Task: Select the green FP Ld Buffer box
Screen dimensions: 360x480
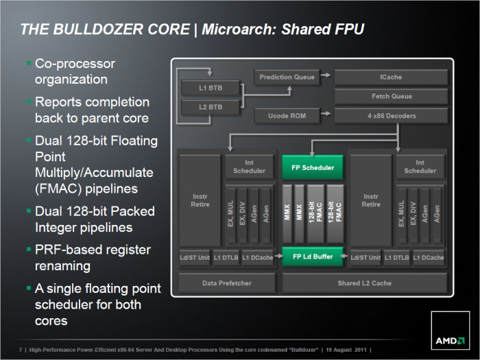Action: [313, 257]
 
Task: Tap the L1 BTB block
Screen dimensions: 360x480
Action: [211, 88]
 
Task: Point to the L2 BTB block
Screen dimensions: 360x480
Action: [211, 107]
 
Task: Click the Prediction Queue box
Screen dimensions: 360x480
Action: [287, 77]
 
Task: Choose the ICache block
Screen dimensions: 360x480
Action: [391, 77]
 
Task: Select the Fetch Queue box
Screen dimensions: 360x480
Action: [391, 96]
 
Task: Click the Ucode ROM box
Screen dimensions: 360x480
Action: [287, 115]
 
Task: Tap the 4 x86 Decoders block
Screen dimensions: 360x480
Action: [391, 115]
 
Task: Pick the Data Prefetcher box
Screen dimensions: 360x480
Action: [227, 283]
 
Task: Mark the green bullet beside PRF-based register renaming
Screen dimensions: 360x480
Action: [29, 249]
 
